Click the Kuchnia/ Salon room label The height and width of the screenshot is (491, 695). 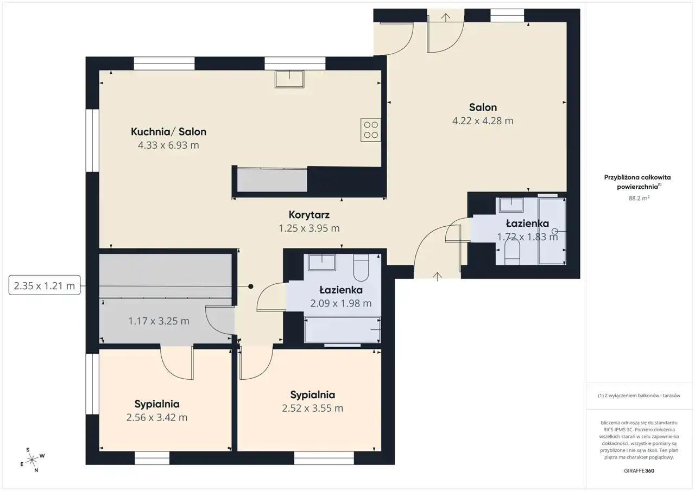(168, 132)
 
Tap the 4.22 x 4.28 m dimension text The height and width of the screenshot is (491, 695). (483, 120)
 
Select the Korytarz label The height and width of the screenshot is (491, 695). (309, 214)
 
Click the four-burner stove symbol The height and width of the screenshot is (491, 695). (371, 130)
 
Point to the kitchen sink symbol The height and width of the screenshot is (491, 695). (289, 79)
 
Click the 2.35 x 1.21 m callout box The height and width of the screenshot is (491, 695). (45, 285)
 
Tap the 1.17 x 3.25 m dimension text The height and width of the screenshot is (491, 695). (159, 321)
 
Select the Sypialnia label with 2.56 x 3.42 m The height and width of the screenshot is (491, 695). (157, 404)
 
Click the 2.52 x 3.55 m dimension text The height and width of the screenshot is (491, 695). (312, 408)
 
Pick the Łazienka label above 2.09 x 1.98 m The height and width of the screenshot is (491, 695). (341, 290)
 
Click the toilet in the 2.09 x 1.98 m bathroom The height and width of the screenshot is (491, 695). (361, 267)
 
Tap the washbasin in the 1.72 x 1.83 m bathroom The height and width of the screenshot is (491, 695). (511, 205)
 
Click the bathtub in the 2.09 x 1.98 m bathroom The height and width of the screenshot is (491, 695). (343, 329)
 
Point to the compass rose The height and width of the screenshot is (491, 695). (32, 460)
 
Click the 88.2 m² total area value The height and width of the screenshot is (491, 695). (639, 198)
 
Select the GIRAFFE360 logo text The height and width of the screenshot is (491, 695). (639, 470)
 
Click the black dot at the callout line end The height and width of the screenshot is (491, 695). (251, 286)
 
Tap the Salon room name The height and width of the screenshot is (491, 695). (483, 107)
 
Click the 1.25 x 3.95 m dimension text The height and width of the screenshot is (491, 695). (309, 228)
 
